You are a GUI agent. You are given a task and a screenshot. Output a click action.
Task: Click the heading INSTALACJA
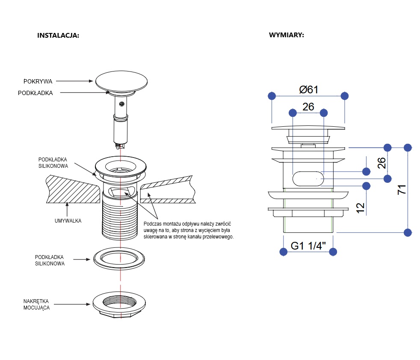point(58,36)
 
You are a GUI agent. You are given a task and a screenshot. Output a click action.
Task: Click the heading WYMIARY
point(287,35)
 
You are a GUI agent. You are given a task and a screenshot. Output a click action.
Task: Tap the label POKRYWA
point(38,81)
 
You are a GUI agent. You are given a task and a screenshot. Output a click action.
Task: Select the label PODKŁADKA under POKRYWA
point(35,93)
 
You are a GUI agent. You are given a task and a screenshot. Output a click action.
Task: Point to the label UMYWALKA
point(68,221)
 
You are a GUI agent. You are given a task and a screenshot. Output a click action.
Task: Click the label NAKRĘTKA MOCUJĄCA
point(36,304)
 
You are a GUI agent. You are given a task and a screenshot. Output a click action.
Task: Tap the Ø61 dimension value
point(308,90)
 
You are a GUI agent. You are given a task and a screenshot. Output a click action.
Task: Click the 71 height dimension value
point(402,190)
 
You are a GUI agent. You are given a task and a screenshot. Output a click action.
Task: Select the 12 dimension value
point(360,207)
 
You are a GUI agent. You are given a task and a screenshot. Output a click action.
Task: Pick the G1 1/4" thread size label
point(308,246)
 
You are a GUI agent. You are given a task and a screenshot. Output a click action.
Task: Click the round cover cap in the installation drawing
point(121,81)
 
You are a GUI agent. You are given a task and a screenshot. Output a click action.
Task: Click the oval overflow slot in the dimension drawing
point(308,179)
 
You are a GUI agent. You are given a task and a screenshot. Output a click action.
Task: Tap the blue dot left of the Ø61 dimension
point(271,95)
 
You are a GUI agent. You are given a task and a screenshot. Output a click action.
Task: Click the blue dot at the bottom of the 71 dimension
point(408,233)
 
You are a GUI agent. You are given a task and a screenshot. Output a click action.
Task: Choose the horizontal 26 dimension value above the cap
point(308,107)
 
